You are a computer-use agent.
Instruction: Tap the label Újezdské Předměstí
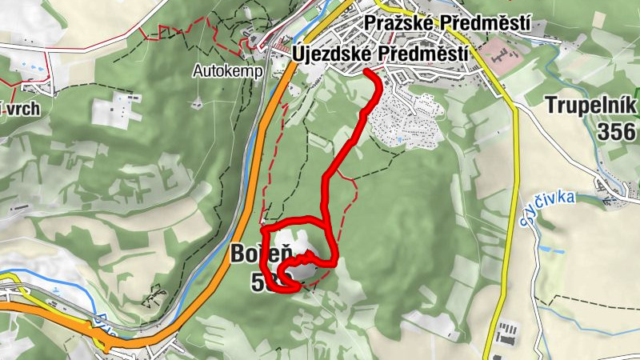380,53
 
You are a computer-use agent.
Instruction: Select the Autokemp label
217,70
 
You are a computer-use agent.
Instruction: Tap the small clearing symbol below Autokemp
197,103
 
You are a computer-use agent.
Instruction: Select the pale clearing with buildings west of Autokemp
117,109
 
